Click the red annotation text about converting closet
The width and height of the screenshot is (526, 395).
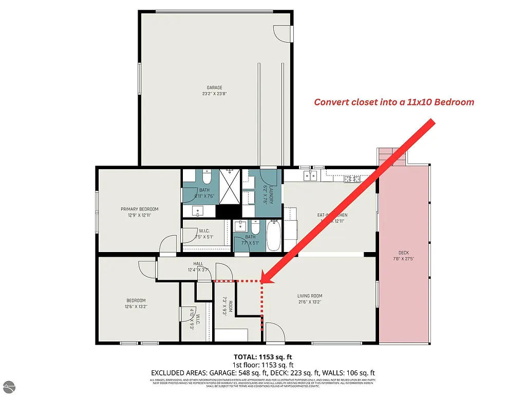tap(393, 102)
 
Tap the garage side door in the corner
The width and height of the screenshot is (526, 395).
tap(283, 34)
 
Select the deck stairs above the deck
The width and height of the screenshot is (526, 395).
tap(392, 156)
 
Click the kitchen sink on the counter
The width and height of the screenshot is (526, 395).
tap(310, 176)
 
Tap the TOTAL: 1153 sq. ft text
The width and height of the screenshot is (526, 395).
tap(263, 356)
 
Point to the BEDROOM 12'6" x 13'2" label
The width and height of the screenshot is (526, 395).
tap(136, 303)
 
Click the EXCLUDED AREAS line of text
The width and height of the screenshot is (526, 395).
tap(263, 372)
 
